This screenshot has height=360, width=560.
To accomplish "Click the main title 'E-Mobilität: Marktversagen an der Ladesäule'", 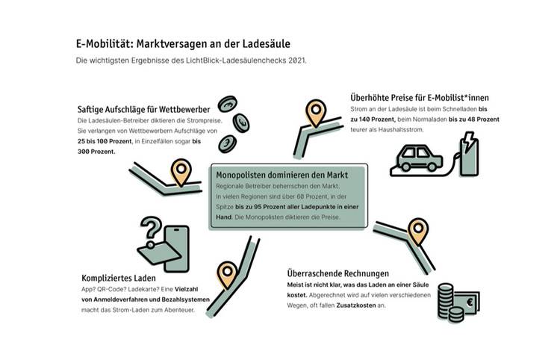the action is [x=183, y=44].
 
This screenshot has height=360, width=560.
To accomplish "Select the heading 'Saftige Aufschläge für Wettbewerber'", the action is [x=143, y=109].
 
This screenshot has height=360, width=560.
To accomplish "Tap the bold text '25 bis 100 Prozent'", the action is [x=105, y=141].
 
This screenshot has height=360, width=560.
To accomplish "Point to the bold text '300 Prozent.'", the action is [x=96, y=152].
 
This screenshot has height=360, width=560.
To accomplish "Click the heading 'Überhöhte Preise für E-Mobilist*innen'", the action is [x=420, y=98].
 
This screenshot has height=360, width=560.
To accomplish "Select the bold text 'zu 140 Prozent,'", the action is [x=373, y=120].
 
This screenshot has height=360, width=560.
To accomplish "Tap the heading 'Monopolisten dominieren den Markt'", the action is [x=281, y=175].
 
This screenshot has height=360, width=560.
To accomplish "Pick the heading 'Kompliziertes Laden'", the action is [x=119, y=278].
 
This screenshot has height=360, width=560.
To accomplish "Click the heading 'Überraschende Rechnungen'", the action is [x=337, y=273].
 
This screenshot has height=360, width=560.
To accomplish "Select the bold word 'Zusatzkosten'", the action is [x=356, y=305].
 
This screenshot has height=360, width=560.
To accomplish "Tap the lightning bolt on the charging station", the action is [x=468, y=140].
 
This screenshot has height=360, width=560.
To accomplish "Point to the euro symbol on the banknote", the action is [x=469, y=302].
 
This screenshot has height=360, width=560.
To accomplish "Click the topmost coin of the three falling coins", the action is [x=227, y=104].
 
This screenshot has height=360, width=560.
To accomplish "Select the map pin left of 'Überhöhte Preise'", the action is [x=316, y=113].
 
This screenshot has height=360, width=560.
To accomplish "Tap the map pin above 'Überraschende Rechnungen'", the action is [x=418, y=232].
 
